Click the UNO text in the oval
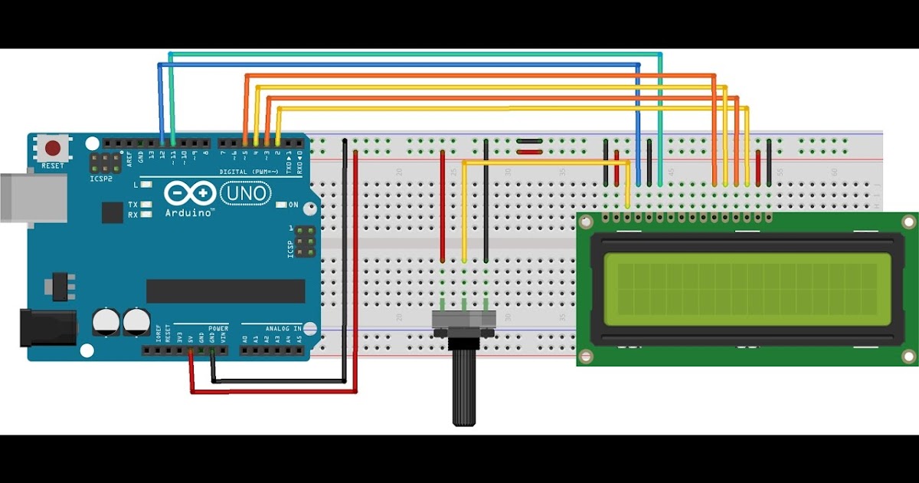(x=246, y=193)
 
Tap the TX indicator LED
(x=145, y=205)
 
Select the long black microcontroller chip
(x=225, y=291)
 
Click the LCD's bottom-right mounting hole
(x=908, y=356)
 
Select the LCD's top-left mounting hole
(x=586, y=222)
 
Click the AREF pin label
(x=129, y=159)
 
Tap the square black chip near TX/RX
(x=113, y=212)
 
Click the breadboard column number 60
(x=833, y=172)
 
